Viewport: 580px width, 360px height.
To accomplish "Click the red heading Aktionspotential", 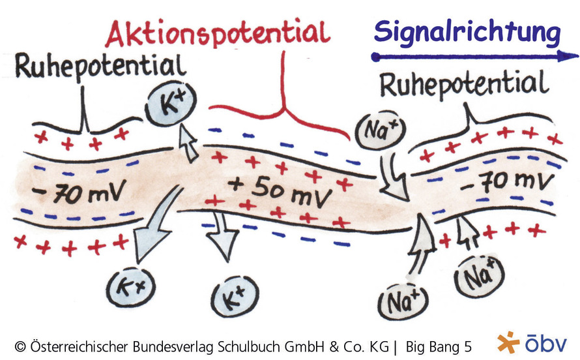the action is click(x=218, y=34).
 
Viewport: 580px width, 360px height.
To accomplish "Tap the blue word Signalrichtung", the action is click(x=467, y=32).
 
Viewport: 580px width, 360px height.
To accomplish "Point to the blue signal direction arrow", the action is click(x=475, y=57).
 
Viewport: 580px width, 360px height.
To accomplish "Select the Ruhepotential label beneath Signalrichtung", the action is click(x=464, y=85).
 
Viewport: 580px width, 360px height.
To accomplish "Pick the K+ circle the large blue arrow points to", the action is click(x=130, y=287).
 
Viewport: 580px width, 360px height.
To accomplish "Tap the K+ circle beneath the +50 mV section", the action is click(x=235, y=296).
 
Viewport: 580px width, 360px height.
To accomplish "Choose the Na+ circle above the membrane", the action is click(x=380, y=130).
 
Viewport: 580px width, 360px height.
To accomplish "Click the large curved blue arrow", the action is click(x=155, y=226).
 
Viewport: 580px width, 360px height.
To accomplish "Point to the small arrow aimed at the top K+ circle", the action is click(x=188, y=143).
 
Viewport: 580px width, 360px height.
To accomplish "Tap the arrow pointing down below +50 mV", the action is click(x=223, y=237).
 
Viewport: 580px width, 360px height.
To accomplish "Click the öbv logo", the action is click(x=532, y=342).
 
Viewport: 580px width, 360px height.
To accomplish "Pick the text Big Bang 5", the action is click(x=439, y=347).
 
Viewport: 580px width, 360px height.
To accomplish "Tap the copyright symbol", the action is click(x=20, y=347).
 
